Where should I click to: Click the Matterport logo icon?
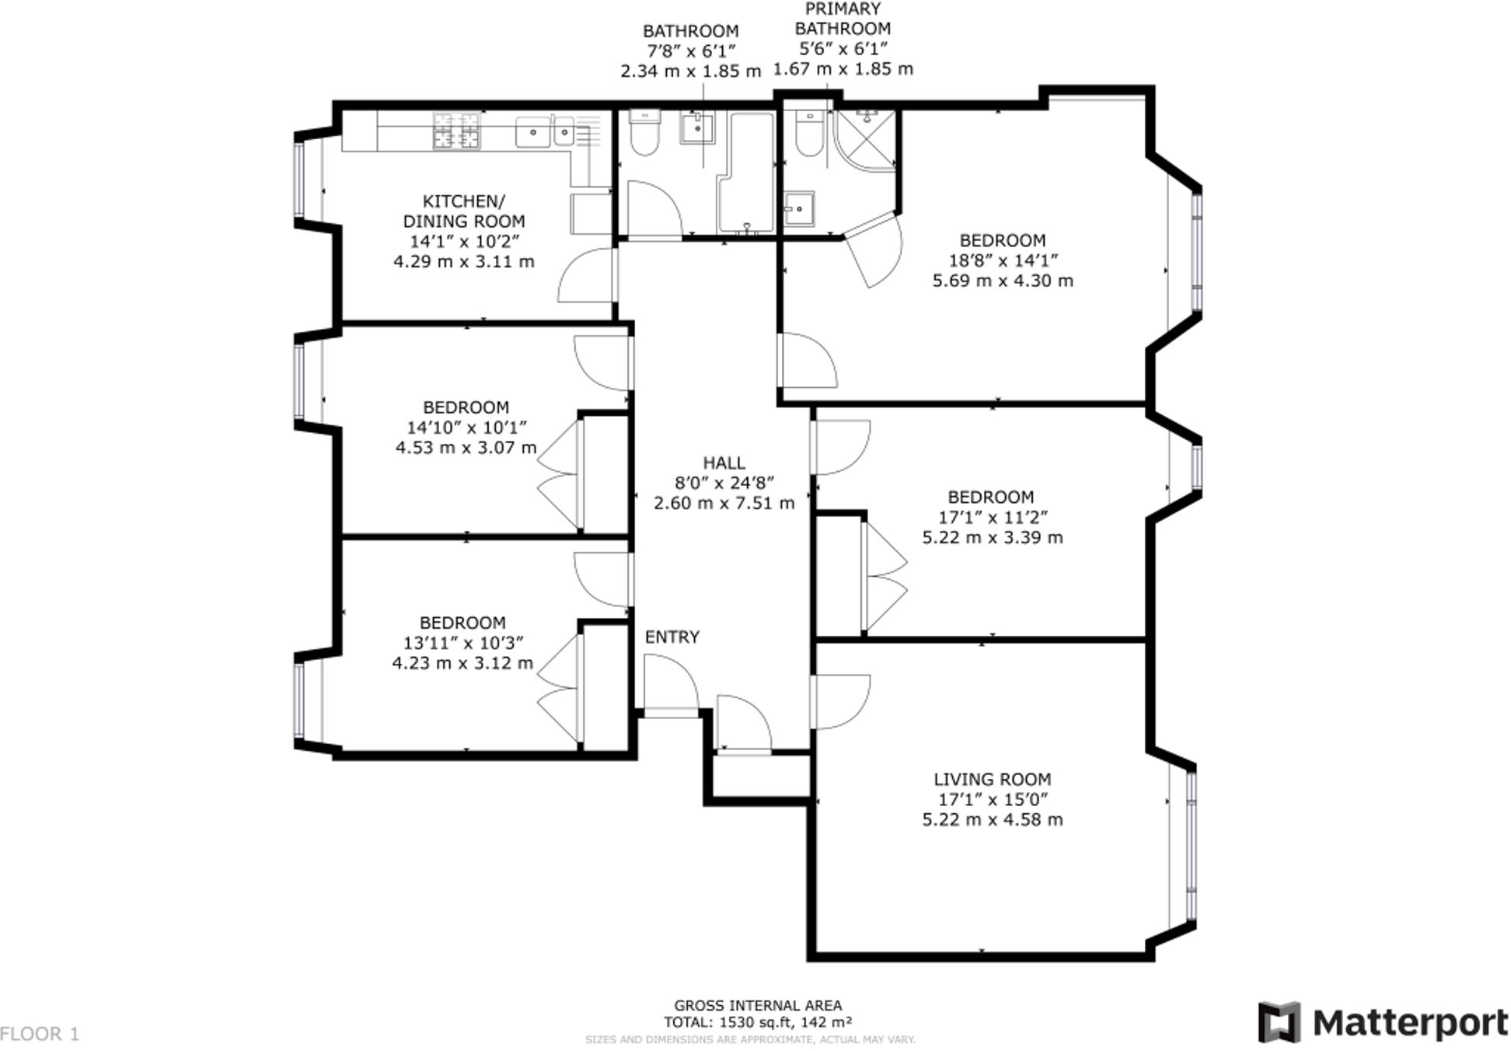click(1279, 1022)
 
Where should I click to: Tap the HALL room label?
click(724, 463)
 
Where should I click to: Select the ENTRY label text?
click(672, 637)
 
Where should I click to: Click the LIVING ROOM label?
click(992, 779)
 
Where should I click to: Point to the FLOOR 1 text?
click(40, 1034)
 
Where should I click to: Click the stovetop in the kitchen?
click(456, 131)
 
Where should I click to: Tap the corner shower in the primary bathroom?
click(865, 140)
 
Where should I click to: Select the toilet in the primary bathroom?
click(809, 134)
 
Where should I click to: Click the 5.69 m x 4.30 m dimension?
click(1003, 281)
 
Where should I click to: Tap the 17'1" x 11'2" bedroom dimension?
click(993, 517)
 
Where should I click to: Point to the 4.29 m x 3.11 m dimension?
click(464, 261)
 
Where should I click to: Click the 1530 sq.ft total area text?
click(758, 1022)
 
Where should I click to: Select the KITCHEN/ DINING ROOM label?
click(464, 211)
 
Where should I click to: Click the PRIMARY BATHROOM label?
click(843, 19)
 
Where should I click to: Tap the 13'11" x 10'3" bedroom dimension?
click(462, 643)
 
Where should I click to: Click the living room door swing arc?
click(843, 702)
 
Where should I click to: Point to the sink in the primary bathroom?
click(797, 208)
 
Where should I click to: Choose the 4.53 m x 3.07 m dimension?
click(466, 448)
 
